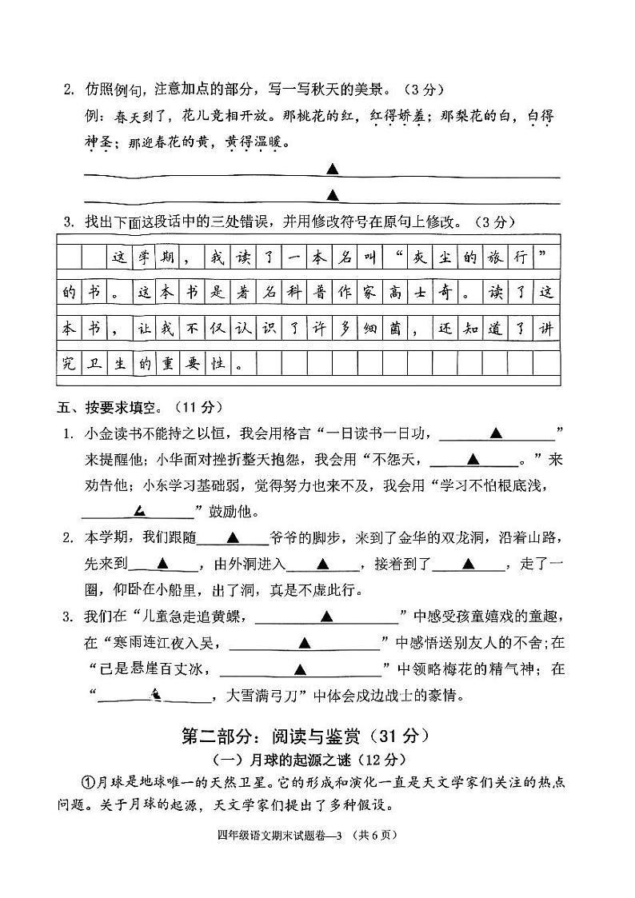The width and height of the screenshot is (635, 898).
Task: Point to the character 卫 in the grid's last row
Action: pos(94,363)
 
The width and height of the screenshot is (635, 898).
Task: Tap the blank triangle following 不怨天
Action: pos(472,459)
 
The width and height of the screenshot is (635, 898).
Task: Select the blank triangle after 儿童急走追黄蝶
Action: pos(326,617)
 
